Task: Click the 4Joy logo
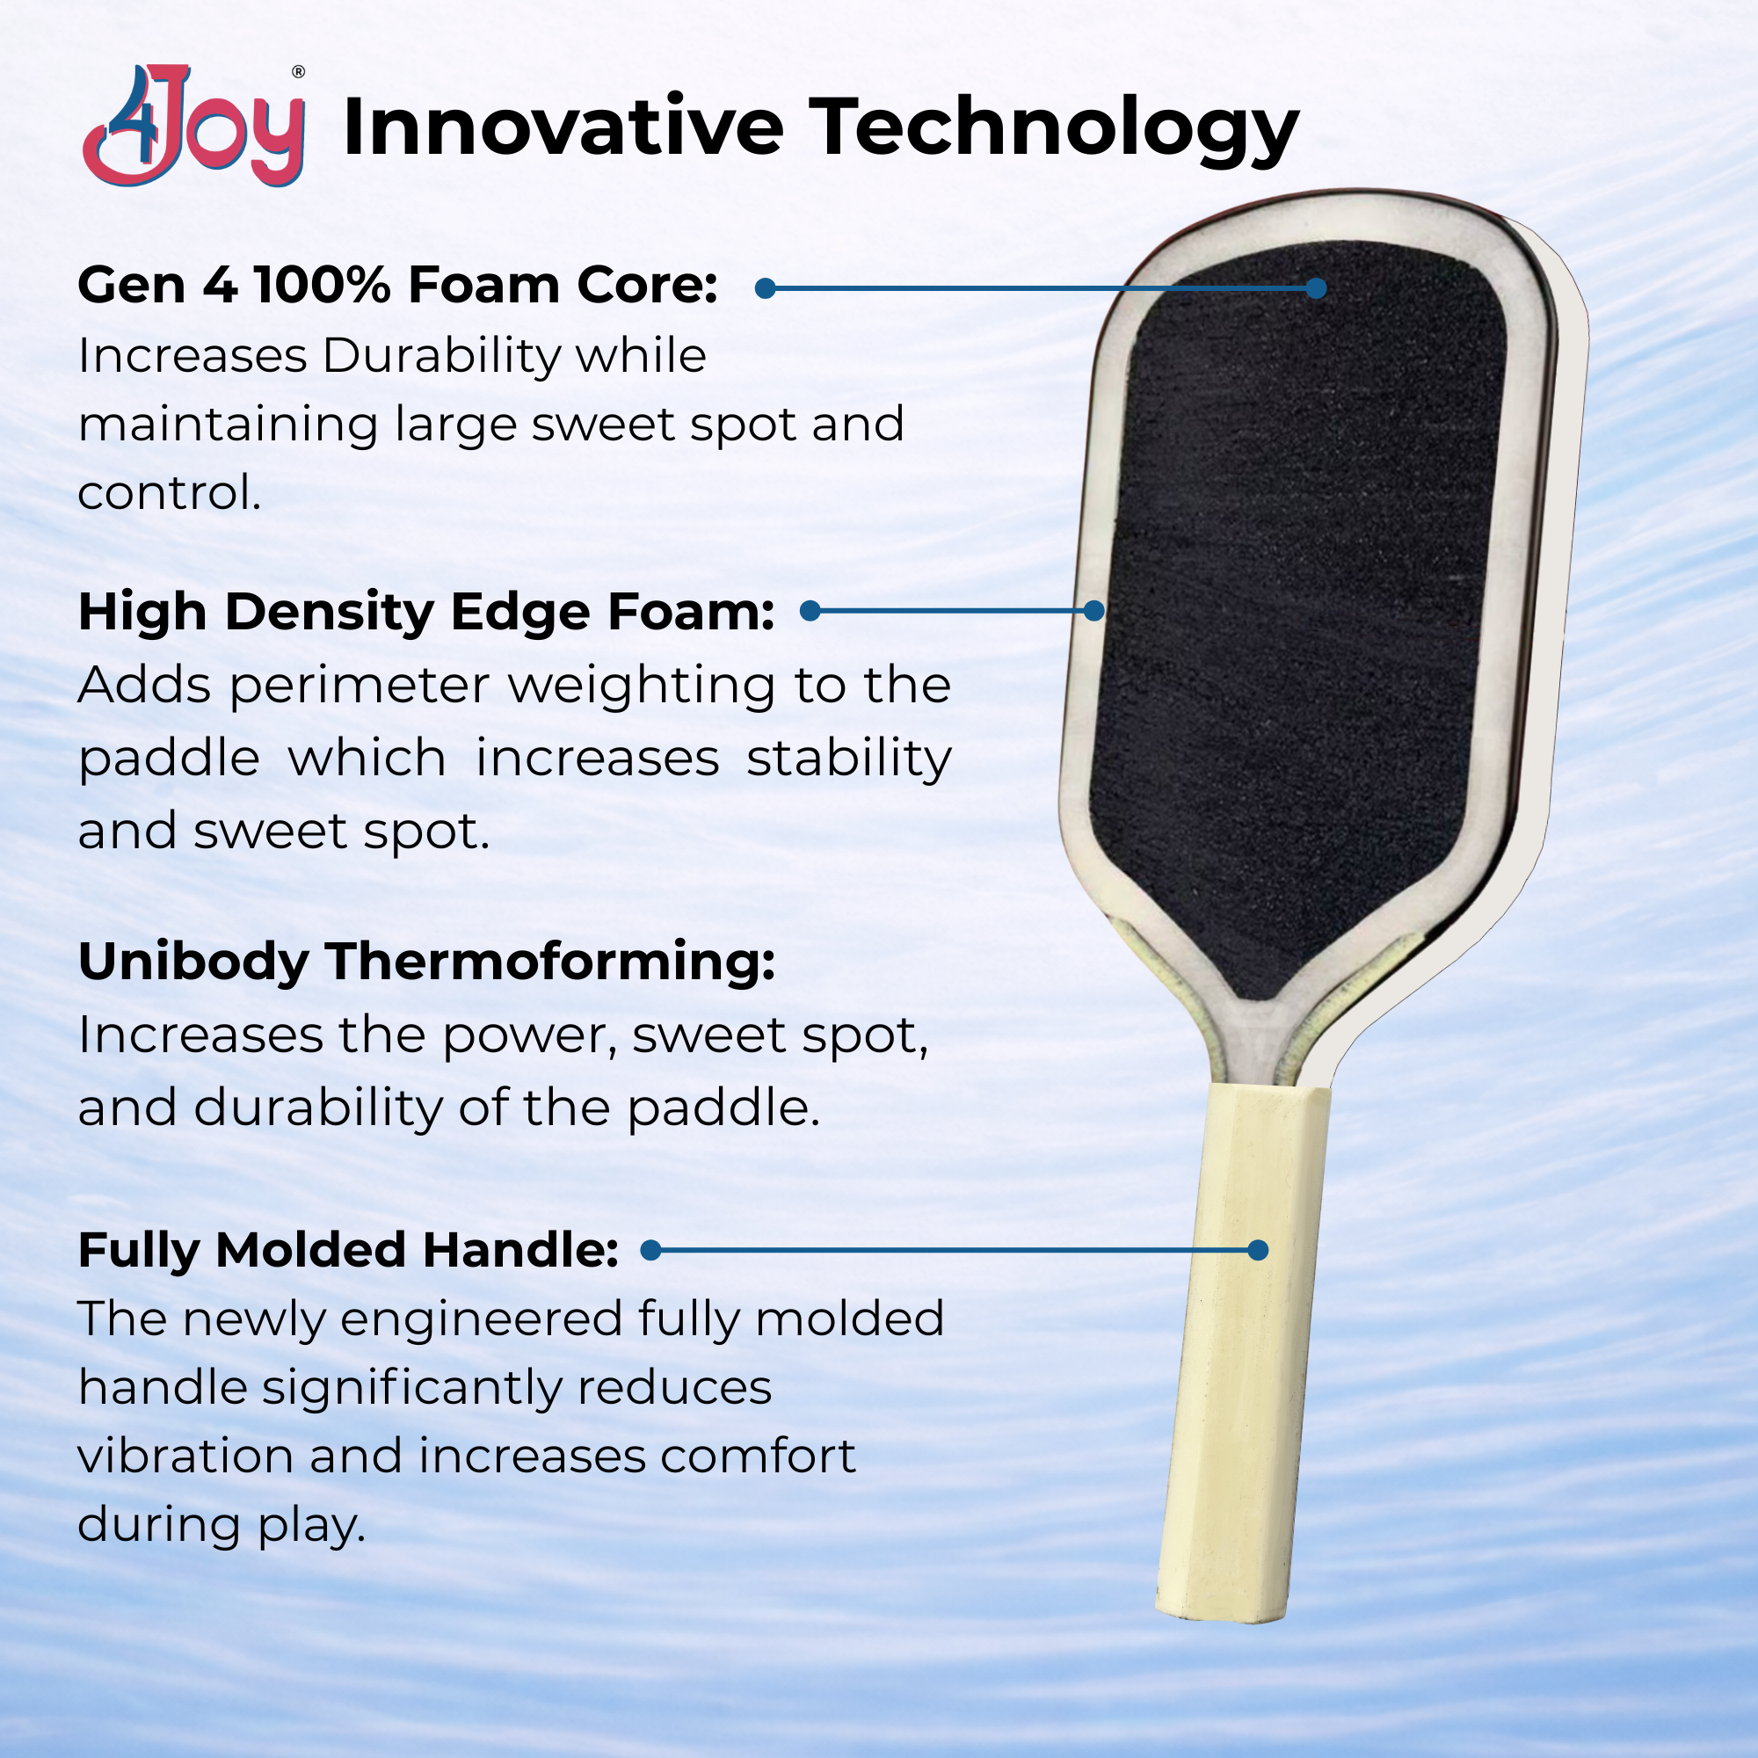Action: click(x=193, y=126)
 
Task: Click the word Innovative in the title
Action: click(x=563, y=127)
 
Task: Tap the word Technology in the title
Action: click(x=1054, y=130)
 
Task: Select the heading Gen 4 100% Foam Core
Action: click(x=397, y=285)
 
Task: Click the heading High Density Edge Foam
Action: click(x=425, y=612)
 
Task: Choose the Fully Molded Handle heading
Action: click(x=348, y=1250)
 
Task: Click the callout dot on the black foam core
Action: click(x=1316, y=288)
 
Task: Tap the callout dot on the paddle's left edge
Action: click(x=1093, y=611)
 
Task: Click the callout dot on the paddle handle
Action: click(x=1258, y=1250)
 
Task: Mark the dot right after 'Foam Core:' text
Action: click(x=766, y=288)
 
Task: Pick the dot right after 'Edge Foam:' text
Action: click(x=810, y=611)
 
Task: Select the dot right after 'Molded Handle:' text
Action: click(x=650, y=1250)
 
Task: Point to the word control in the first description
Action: click(x=170, y=493)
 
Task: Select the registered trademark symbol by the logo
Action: click(x=298, y=72)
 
